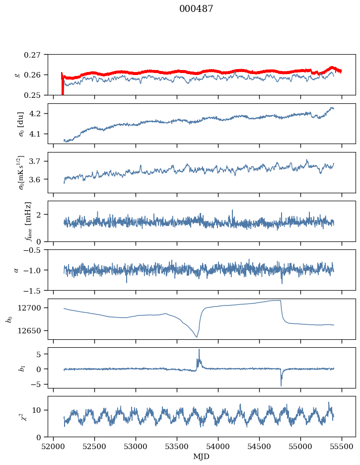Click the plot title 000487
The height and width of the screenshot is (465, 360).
coord(196,9)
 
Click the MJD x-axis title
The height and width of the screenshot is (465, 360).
coord(201,456)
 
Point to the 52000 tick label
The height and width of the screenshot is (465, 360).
coord(53,447)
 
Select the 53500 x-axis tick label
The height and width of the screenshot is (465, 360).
coord(177,447)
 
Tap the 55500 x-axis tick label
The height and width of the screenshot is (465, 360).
coord(342,447)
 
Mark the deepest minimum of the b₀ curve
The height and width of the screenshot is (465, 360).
coord(197,337)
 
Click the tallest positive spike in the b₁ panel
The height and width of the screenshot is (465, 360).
coord(199,350)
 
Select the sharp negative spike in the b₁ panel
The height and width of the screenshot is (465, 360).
coord(281,385)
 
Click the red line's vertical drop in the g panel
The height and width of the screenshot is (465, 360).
coord(63,86)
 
